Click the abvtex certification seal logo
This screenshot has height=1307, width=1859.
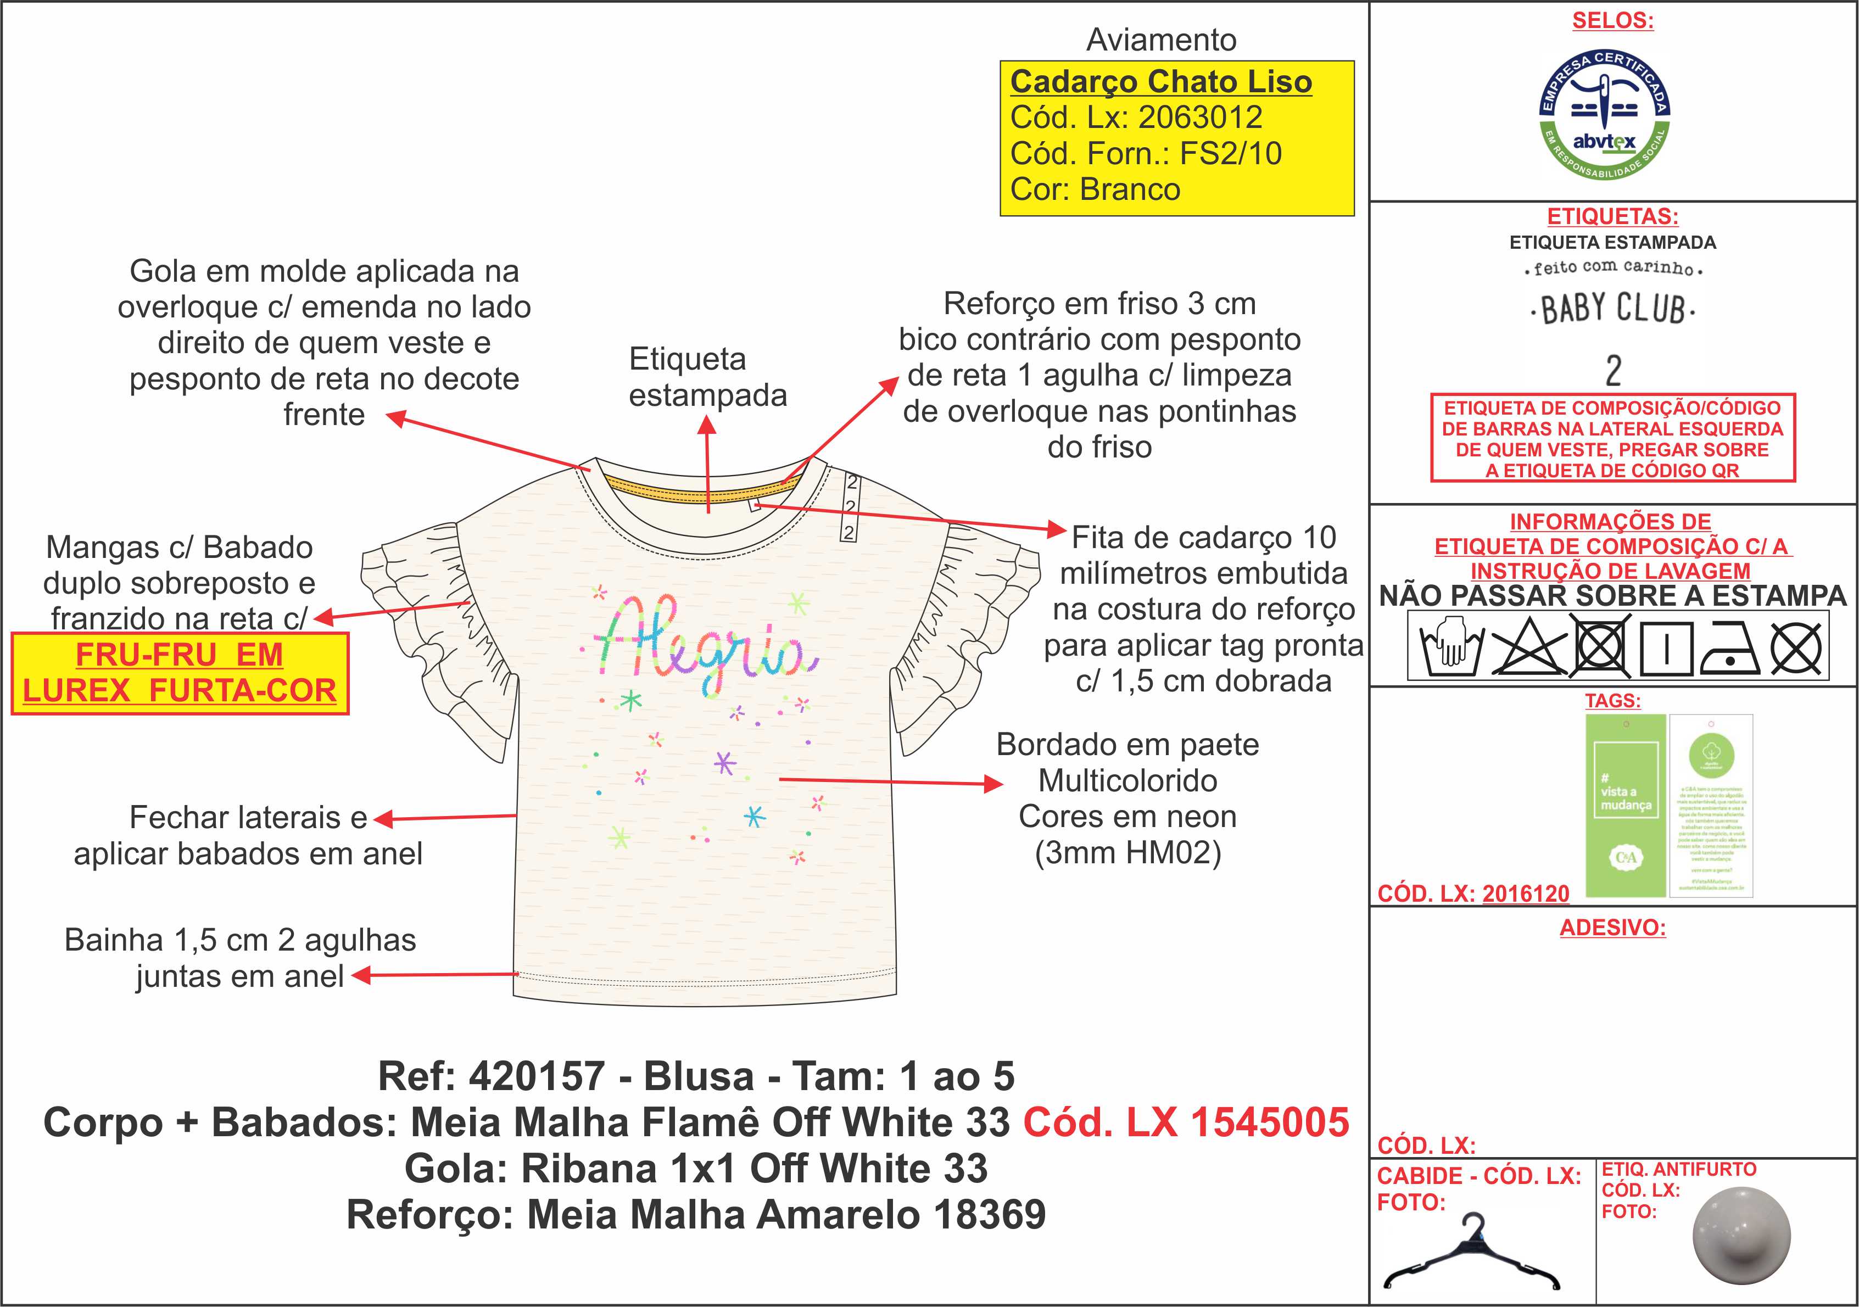click(x=1604, y=114)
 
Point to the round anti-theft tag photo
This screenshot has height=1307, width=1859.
click(x=1741, y=1236)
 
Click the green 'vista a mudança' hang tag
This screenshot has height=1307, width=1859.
click(x=1625, y=805)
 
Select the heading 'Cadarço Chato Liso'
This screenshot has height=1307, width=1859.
click(x=1160, y=82)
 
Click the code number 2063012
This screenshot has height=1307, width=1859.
click(x=1200, y=118)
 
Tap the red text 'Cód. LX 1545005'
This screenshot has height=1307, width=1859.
click(x=1186, y=1122)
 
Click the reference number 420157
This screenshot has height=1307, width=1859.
click(x=537, y=1076)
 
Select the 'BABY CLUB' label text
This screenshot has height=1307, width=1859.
click(x=1612, y=309)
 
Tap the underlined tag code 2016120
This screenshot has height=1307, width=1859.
click(x=1526, y=894)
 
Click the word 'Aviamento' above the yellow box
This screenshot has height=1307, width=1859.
click(x=1161, y=40)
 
